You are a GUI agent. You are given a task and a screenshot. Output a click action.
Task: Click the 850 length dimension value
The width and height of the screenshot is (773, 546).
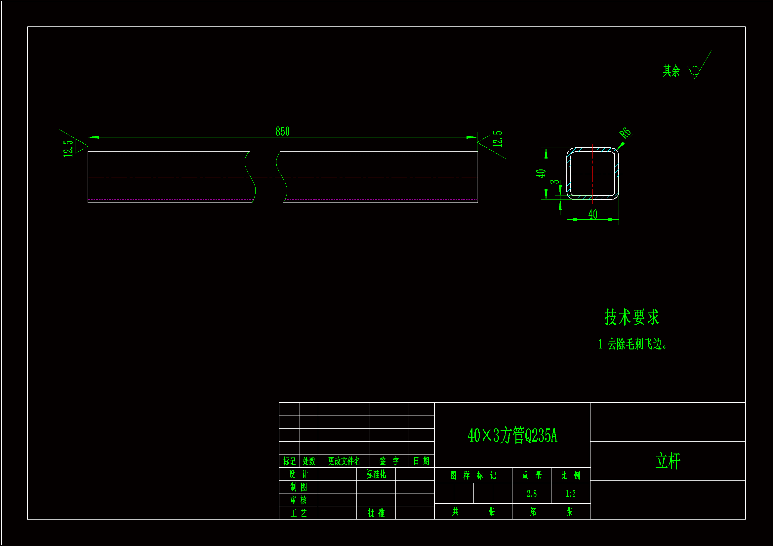[x=282, y=131]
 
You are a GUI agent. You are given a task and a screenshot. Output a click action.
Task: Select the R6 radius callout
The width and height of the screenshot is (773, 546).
[x=625, y=133]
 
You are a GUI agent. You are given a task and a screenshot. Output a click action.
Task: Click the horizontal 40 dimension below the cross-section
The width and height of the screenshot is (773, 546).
[x=593, y=214]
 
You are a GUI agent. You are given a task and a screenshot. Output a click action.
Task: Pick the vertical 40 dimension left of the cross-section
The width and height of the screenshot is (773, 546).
[x=541, y=174]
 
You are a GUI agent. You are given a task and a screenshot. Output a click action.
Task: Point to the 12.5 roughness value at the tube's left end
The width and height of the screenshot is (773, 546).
[x=68, y=148]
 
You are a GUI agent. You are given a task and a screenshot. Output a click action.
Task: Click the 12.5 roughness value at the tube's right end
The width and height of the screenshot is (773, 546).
[x=497, y=139]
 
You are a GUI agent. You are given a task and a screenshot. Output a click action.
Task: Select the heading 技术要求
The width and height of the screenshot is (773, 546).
[x=631, y=317]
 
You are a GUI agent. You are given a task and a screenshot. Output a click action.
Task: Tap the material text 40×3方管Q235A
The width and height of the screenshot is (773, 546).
[x=512, y=435]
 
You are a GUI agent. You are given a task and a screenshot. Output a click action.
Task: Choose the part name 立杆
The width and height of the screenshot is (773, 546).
[x=668, y=461]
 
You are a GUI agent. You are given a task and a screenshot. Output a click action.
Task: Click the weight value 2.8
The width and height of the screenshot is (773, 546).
[x=532, y=493]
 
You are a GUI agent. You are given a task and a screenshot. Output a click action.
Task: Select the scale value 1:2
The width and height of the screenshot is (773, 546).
[x=571, y=493]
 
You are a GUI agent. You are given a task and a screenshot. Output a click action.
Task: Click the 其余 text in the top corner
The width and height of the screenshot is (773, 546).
[x=671, y=71]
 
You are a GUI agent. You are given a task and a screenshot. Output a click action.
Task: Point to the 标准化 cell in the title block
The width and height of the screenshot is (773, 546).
[x=376, y=474]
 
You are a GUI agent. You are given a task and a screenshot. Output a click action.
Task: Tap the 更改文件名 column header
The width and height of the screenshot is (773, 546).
[x=344, y=461]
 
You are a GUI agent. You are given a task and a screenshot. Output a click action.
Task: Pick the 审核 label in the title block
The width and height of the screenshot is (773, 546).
[x=299, y=500]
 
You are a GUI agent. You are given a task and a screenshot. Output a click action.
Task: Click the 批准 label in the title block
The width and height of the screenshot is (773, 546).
[x=376, y=513]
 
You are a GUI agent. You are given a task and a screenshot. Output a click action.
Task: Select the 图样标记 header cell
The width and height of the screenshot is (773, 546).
[x=473, y=475]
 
